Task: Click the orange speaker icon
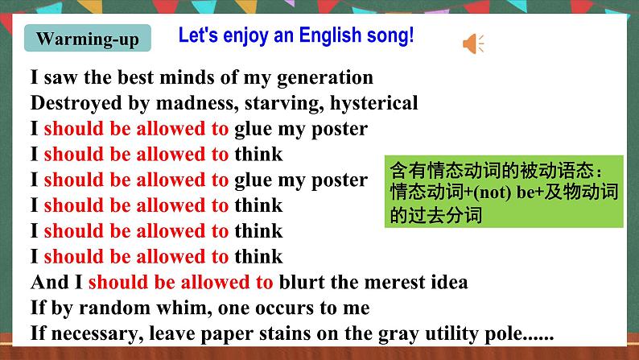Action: tap(473, 43)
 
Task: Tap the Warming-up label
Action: tap(88, 39)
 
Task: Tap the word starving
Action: tap(289, 103)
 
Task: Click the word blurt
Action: tap(303, 283)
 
